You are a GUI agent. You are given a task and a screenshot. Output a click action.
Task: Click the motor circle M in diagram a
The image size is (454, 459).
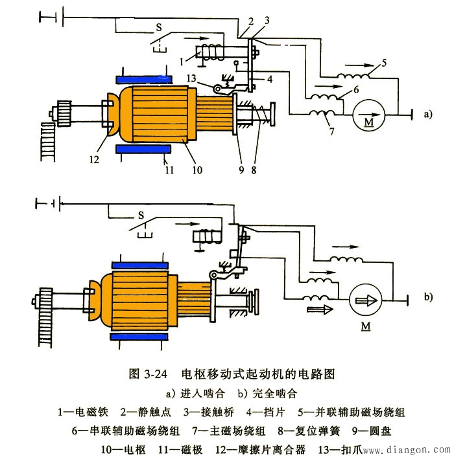click(x=368, y=117)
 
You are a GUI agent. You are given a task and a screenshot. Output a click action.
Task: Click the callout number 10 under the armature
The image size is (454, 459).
click(x=197, y=170)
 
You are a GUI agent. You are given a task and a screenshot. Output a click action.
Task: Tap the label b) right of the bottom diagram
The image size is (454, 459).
click(x=427, y=298)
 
